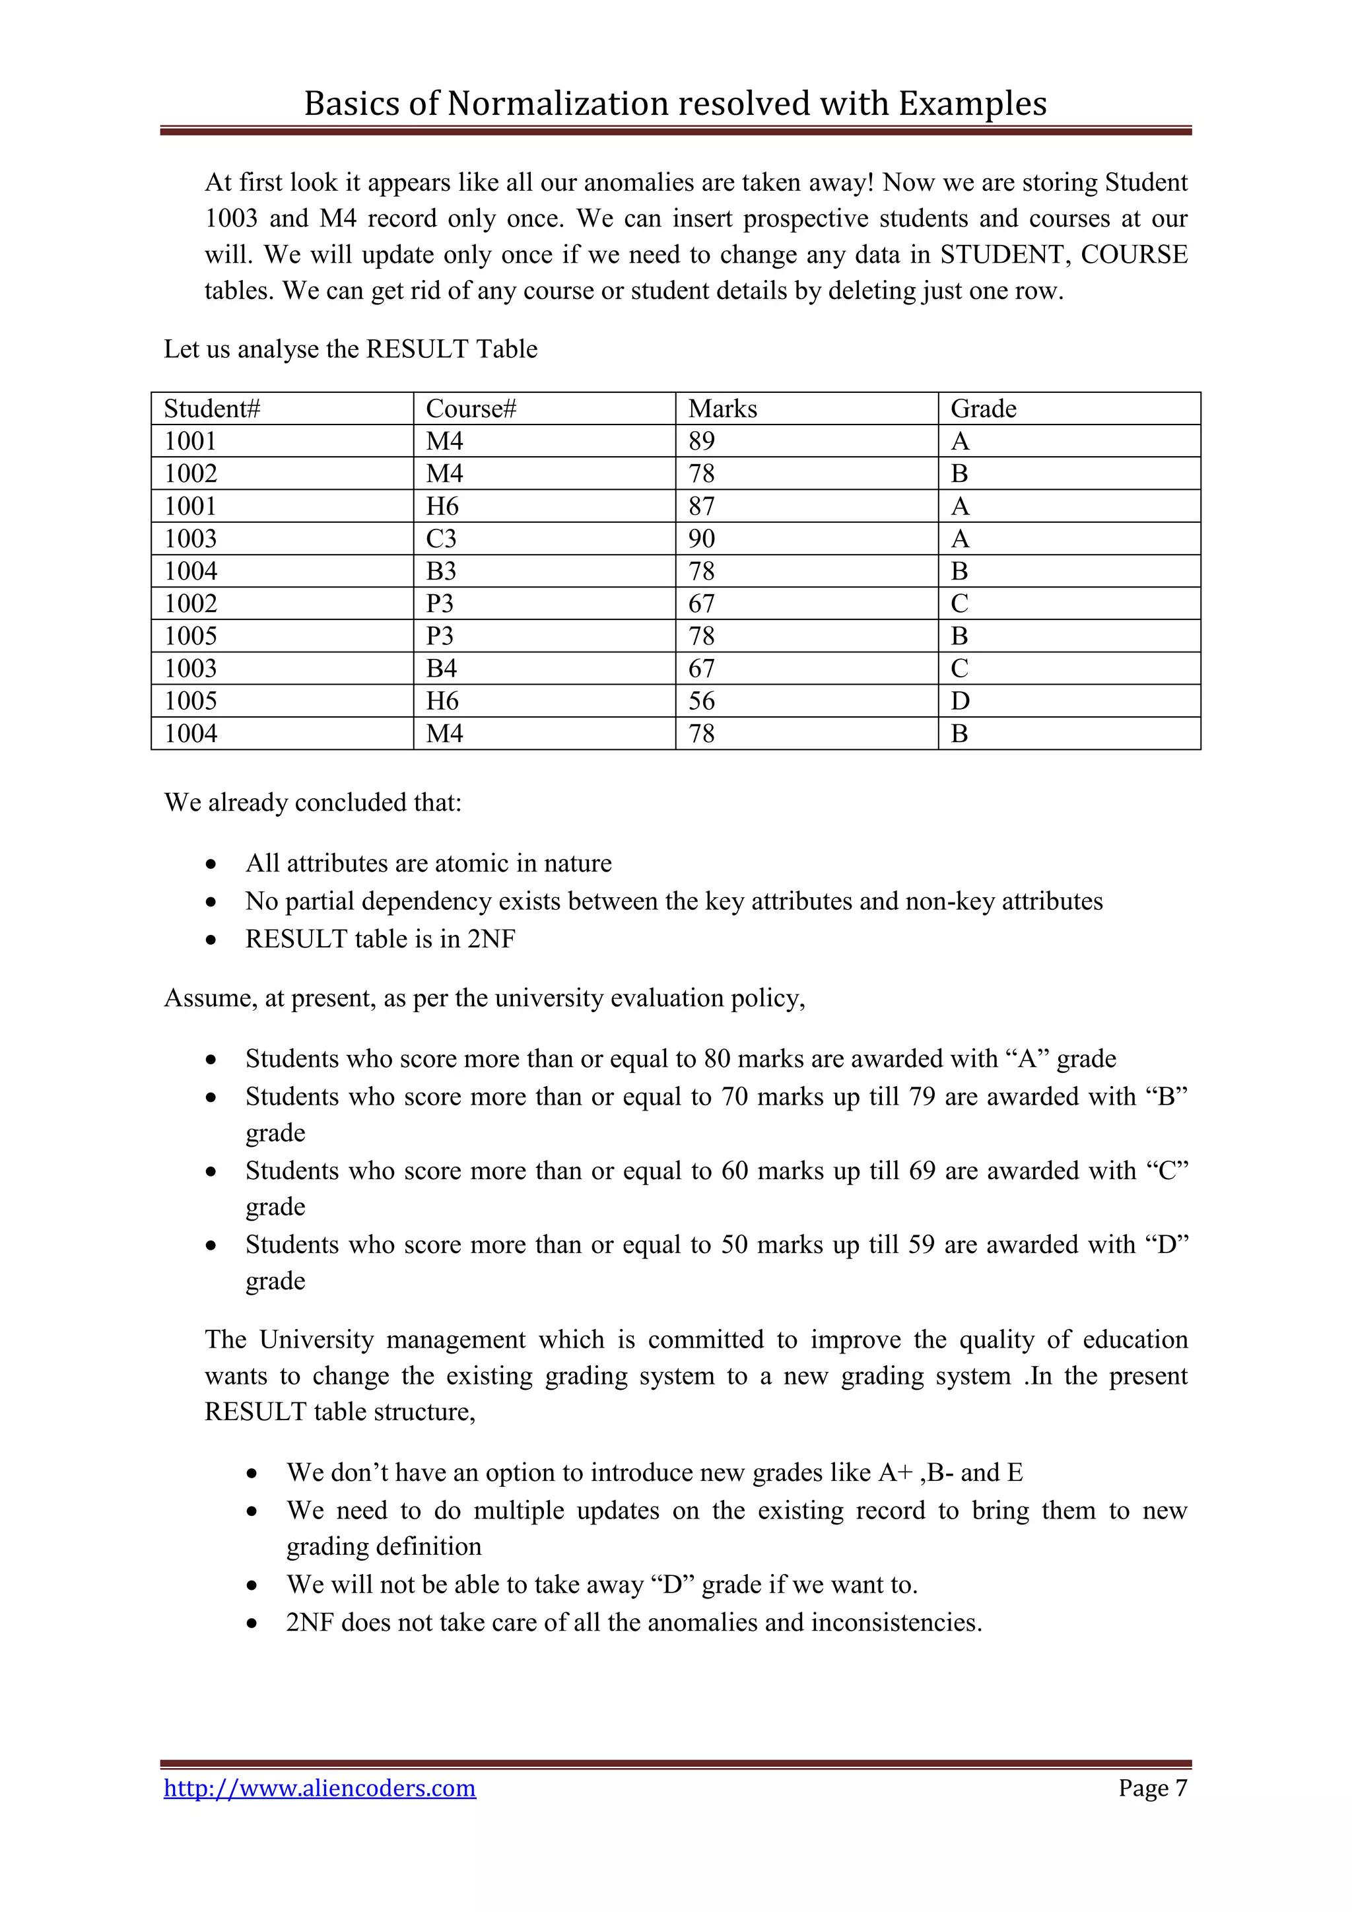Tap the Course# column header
click(x=471, y=409)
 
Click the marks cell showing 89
click(x=701, y=442)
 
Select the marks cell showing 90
click(x=701, y=539)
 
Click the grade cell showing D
click(x=960, y=701)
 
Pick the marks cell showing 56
click(x=701, y=701)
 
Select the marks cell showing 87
click(x=701, y=506)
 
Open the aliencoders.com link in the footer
click(x=320, y=1788)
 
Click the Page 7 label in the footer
click(x=1152, y=1788)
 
